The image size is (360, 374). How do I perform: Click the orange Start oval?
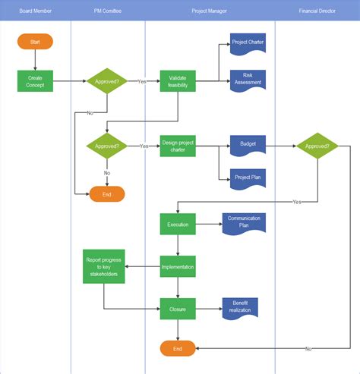coord(35,42)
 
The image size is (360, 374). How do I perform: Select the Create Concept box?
coord(35,80)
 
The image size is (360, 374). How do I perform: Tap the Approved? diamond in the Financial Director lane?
coord(317,146)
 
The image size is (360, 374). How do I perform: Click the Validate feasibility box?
coord(178,80)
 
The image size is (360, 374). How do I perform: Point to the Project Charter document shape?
coord(248,43)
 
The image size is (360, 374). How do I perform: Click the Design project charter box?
coord(178,146)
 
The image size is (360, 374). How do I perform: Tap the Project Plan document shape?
coord(248,178)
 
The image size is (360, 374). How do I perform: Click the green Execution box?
coord(178,225)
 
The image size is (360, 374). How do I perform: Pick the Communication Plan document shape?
coord(243,222)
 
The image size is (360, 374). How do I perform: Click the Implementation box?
coord(178,266)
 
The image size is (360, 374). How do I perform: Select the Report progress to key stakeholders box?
coord(103,266)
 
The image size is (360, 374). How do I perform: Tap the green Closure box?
coord(178,308)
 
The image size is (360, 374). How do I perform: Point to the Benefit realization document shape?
coord(240,306)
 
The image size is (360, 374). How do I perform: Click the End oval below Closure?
coord(178,348)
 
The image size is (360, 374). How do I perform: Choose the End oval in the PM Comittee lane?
coord(107,194)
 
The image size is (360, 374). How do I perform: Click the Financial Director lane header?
coord(317,11)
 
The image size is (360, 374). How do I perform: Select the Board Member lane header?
coord(35,11)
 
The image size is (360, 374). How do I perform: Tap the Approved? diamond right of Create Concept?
coord(107,80)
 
